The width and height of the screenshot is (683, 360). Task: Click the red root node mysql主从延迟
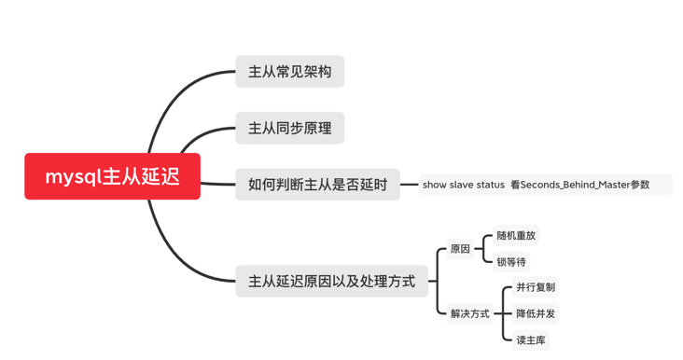(112, 176)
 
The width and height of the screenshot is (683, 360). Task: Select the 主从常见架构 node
(289, 72)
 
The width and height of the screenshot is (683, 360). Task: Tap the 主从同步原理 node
(289, 128)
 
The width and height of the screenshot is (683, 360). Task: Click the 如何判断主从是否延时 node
(317, 185)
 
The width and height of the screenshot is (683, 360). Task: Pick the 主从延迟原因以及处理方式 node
(331, 281)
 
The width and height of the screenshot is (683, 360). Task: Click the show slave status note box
(545, 185)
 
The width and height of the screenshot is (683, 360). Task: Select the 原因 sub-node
(460, 249)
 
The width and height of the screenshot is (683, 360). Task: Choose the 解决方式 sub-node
(469, 313)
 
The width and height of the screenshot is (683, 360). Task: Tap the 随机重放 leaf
(516, 236)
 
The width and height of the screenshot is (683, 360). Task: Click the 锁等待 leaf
(511, 262)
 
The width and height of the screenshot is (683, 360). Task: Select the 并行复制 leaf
(536, 287)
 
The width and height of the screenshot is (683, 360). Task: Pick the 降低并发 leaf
(536, 313)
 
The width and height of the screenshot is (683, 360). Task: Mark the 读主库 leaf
(531, 339)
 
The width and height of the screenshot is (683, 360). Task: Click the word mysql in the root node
(73, 176)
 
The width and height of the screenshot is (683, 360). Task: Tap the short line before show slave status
(409, 185)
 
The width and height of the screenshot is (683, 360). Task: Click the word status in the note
(491, 185)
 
